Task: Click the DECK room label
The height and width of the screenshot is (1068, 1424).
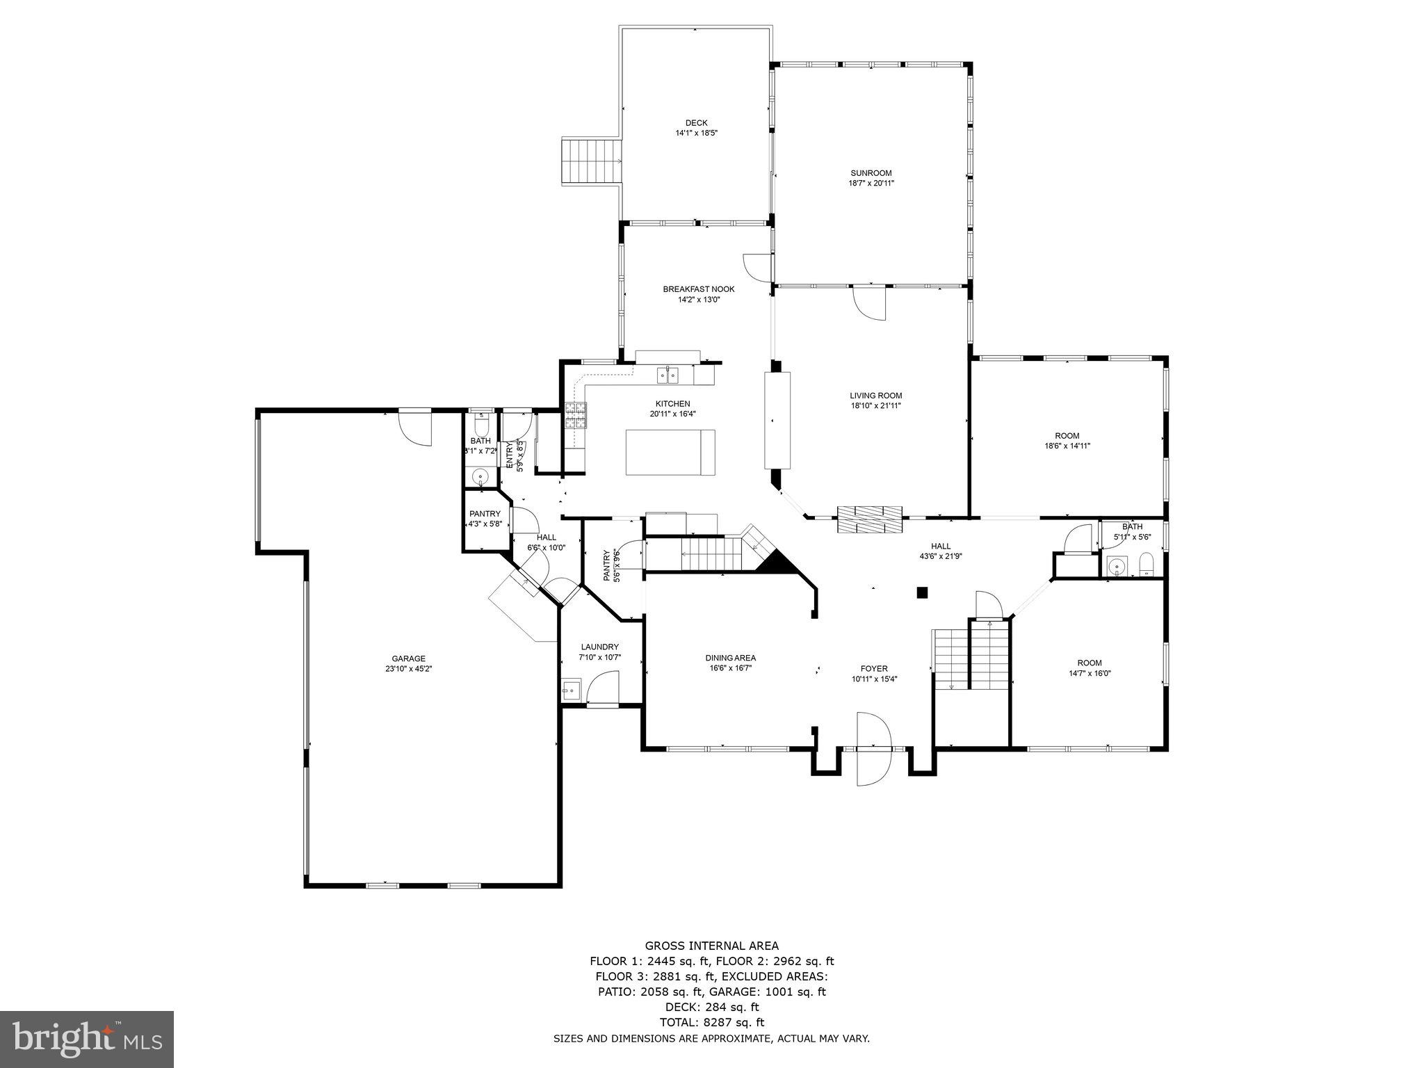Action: [696, 123]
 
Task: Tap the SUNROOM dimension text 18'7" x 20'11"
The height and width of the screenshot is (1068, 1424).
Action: [871, 184]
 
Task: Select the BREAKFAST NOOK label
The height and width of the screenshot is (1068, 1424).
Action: [698, 289]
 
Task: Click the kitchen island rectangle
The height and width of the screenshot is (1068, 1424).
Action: [670, 452]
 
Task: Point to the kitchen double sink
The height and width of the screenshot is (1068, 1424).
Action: [667, 375]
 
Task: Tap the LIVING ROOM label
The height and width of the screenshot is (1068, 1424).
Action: [875, 396]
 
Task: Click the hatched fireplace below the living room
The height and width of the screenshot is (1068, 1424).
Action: [869, 519]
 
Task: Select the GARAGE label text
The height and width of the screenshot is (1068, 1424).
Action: [408, 658]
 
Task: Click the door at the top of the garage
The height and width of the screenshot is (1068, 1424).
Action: [415, 428]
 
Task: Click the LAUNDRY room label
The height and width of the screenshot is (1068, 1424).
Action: [599, 647]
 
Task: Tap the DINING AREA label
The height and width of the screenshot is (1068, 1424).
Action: [730, 658]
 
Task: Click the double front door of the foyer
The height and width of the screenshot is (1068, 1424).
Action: [874, 749]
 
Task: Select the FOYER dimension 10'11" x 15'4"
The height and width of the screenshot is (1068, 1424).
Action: [874, 679]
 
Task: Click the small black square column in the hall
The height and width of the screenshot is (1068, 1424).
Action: [922, 592]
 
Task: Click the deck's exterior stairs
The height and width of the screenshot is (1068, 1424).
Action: [591, 161]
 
